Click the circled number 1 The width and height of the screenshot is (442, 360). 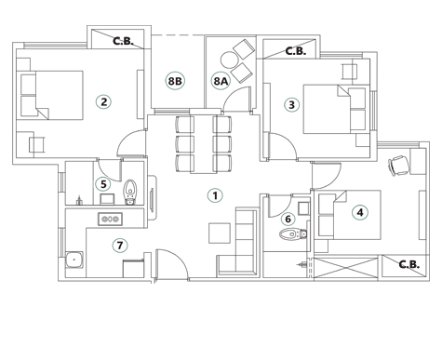point(214,195)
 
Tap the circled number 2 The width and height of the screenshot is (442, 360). point(104,102)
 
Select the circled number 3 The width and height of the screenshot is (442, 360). point(291,105)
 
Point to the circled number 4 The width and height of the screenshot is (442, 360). point(359,213)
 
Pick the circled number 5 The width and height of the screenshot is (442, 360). point(103,184)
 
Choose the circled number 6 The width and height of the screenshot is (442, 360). point(288,220)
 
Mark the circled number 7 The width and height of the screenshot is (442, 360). point(119,246)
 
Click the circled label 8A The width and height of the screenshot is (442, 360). point(221,83)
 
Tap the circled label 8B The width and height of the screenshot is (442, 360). point(175,83)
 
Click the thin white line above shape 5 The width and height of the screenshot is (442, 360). point(109,173)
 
